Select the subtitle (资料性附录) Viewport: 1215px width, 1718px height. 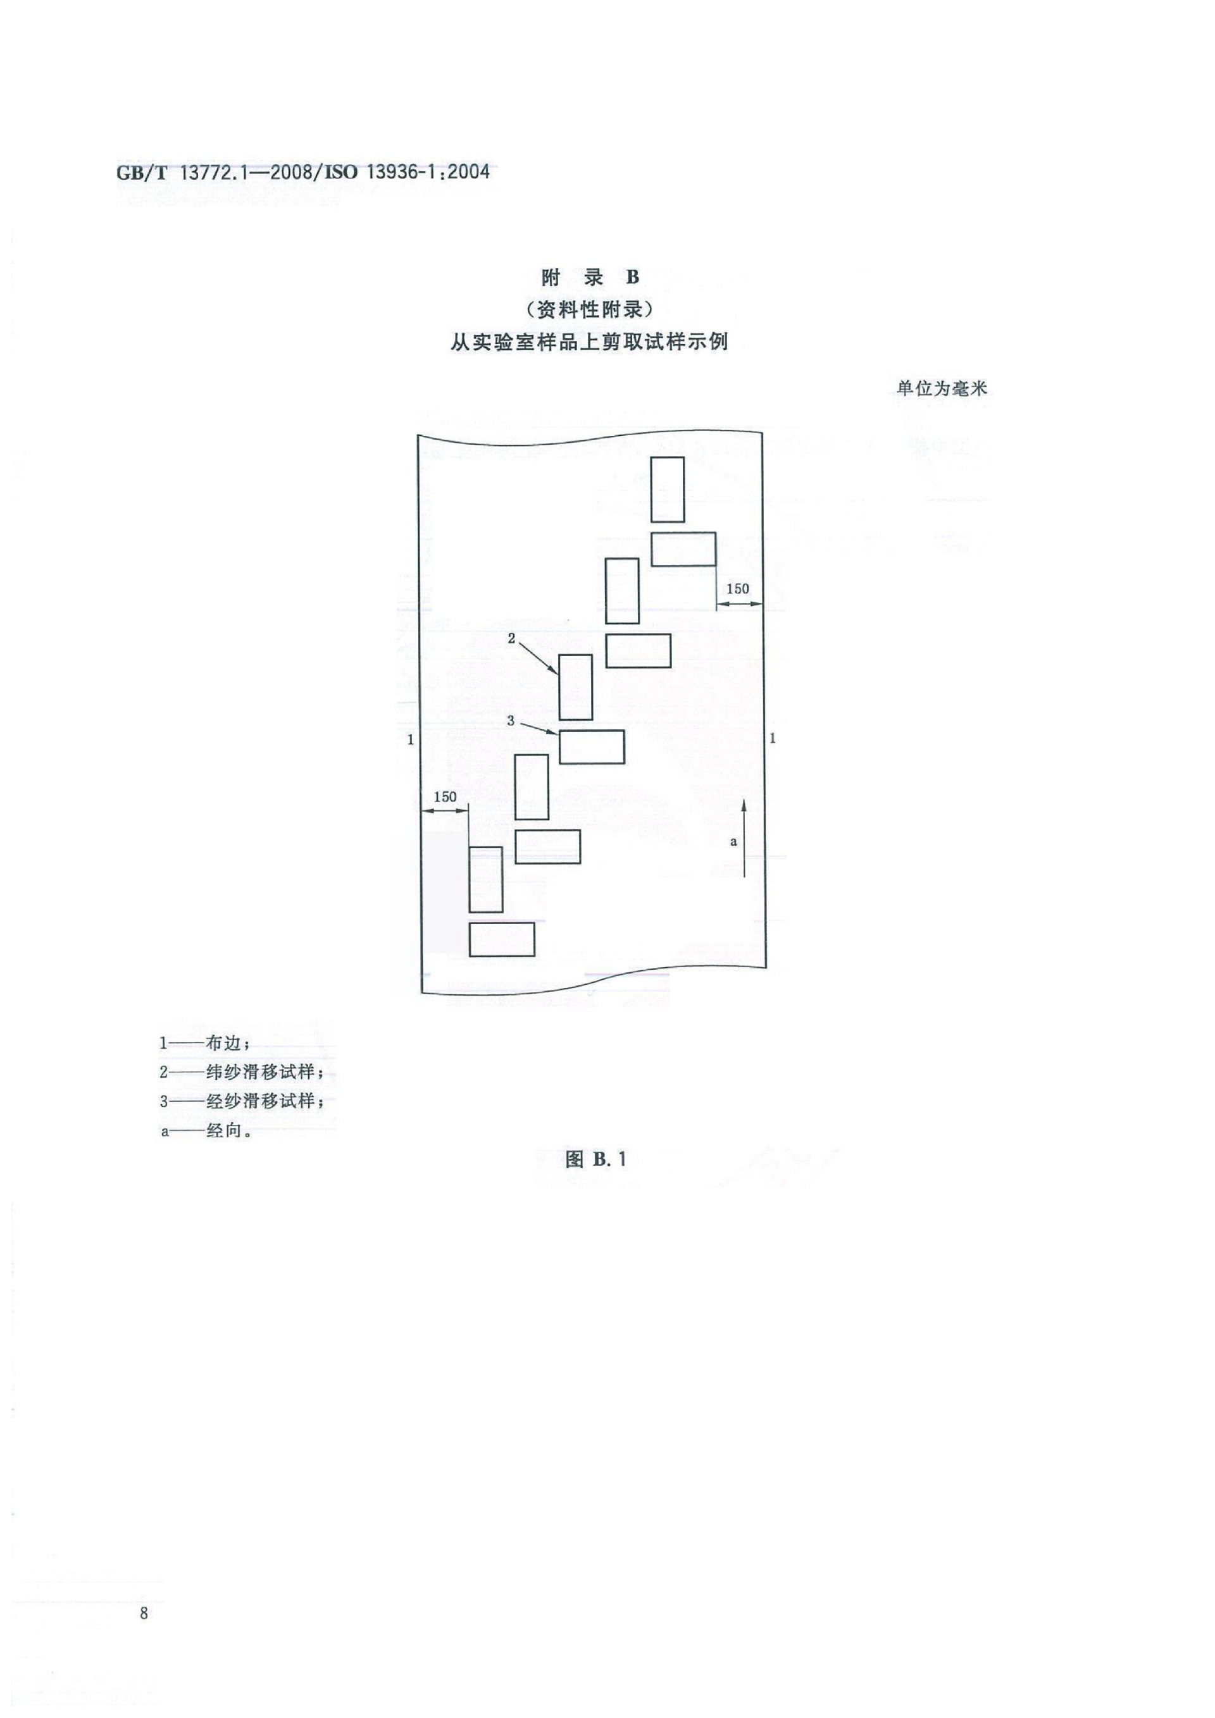pyautogui.click(x=590, y=309)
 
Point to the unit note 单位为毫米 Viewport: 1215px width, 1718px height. pyautogui.click(x=942, y=388)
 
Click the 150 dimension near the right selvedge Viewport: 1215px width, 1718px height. pyautogui.click(x=737, y=589)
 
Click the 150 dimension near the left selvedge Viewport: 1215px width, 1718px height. pyautogui.click(x=445, y=797)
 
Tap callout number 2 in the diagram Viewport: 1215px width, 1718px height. pyautogui.click(x=512, y=638)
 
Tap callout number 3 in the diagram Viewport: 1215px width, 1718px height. pyautogui.click(x=511, y=720)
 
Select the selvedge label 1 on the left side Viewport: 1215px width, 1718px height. pyautogui.click(x=409, y=740)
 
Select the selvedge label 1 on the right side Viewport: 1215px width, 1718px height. pyautogui.click(x=773, y=739)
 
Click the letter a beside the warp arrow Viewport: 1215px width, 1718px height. pyautogui.click(x=733, y=842)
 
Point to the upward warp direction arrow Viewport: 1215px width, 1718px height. pyautogui.click(x=745, y=838)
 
